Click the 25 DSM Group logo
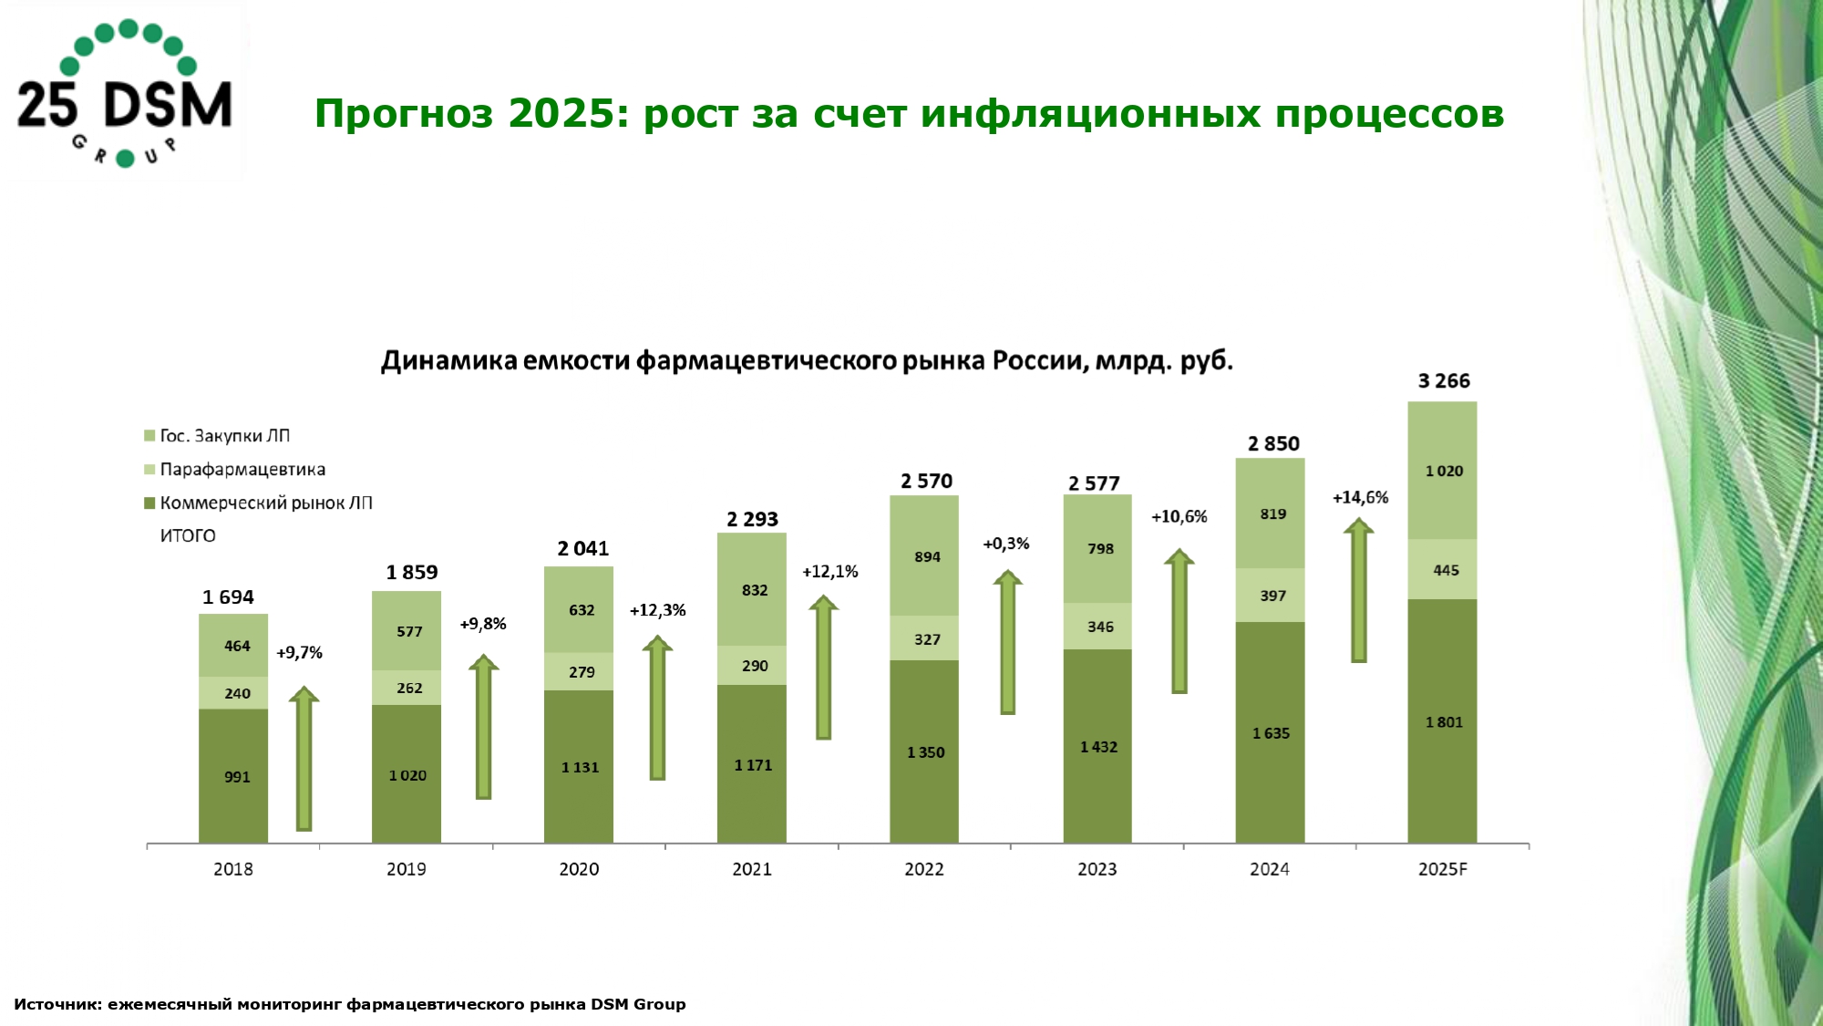pyautogui.click(x=125, y=94)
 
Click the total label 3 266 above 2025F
pyautogui.click(x=1444, y=381)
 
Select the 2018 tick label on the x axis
pyautogui.click(x=233, y=869)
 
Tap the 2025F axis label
pyautogui.click(x=1442, y=869)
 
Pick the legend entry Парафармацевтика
pyautogui.click(x=242, y=470)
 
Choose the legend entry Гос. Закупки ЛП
pyautogui.click(x=224, y=436)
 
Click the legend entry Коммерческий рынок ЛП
pyautogui.click(x=265, y=503)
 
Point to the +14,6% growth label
pyautogui.click(x=1360, y=498)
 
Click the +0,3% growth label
pyautogui.click(x=1005, y=544)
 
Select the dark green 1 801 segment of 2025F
pyautogui.click(x=1442, y=722)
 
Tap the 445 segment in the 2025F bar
pyautogui.click(x=1442, y=570)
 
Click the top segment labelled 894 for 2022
pyautogui.click(x=924, y=556)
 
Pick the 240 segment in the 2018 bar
pyautogui.click(x=233, y=693)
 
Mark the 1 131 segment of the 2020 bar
pyautogui.click(x=579, y=767)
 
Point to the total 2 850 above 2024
pyautogui.click(x=1273, y=444)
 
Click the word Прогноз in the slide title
pyautogui.click(x=403, y=114)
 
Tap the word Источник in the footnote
pyautogui.click(x=57, y=1004)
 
